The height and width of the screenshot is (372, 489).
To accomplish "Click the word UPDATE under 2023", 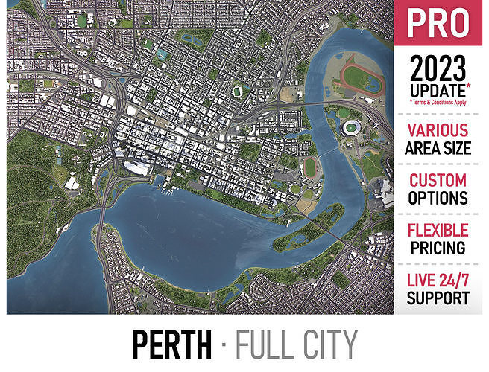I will point(435,92).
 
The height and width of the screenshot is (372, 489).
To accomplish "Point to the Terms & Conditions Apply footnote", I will point(440,103).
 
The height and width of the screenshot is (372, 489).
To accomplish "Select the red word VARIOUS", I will point(438,131).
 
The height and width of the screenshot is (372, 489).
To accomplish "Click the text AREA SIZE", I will point(438,148).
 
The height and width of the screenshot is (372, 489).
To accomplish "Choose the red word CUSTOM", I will point(438,181).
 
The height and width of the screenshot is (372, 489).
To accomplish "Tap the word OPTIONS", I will point(438,199).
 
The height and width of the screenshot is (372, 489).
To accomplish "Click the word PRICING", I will point(438,248).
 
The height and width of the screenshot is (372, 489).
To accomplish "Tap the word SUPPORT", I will point(438,298).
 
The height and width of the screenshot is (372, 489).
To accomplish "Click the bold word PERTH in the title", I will point(171,344).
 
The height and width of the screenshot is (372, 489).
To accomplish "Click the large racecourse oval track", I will point(360,77).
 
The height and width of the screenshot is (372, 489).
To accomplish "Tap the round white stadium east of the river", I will point(350,128).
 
